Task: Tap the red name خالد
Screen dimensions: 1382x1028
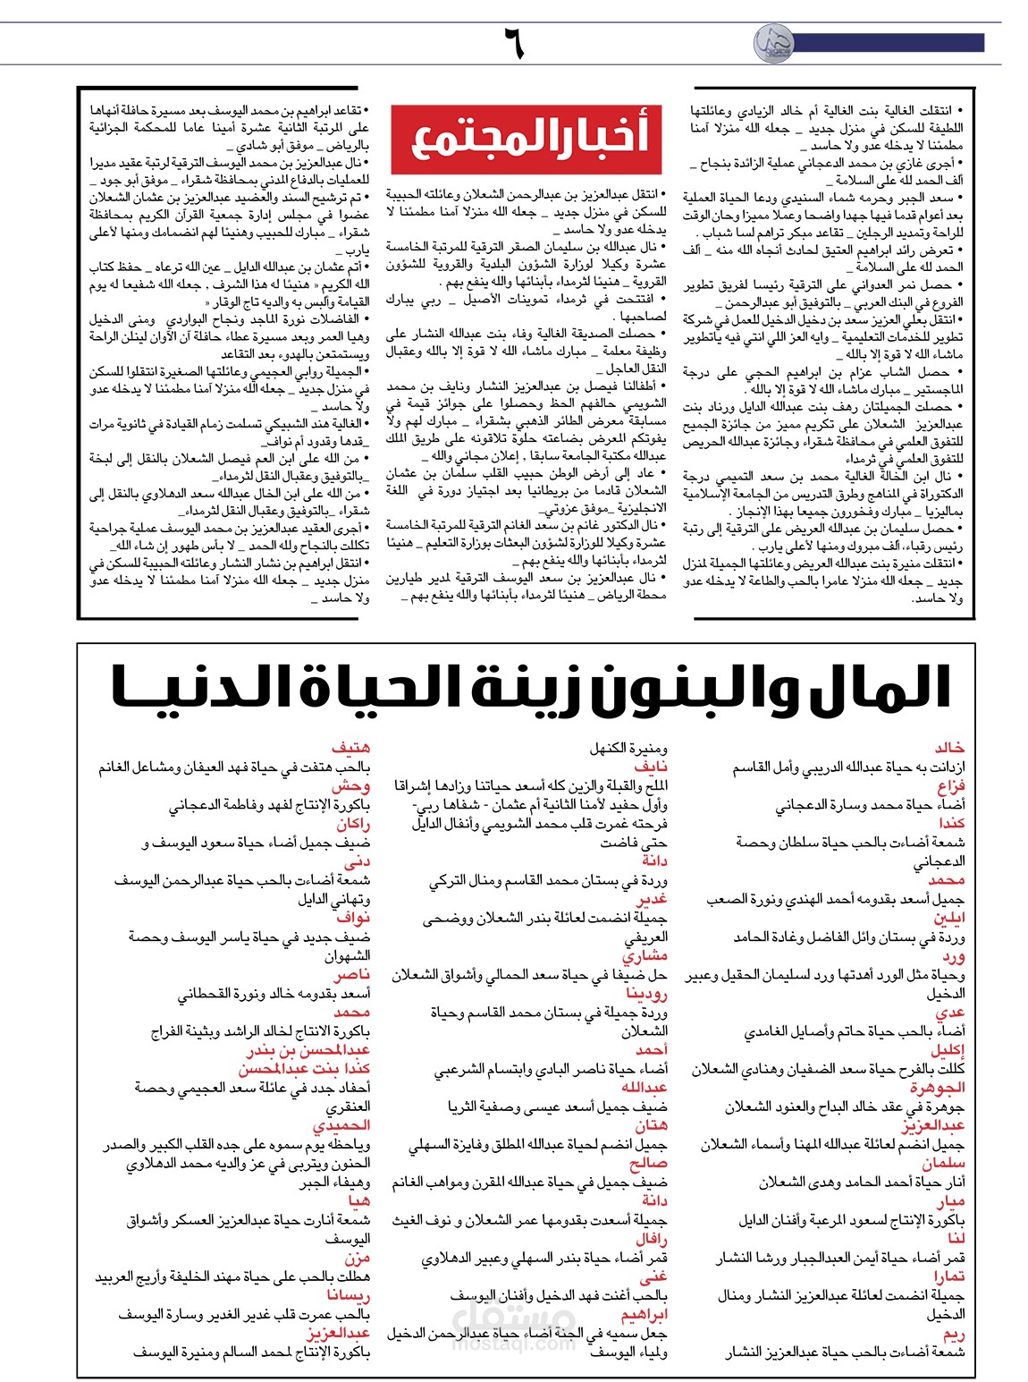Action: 949,748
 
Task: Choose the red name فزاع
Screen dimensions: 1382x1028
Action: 951,786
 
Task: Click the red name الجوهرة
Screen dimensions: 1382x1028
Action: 938,1088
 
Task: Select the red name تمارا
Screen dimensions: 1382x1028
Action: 948,1276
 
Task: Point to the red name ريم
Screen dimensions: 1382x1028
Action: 954,1334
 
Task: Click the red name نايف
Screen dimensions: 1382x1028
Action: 651,767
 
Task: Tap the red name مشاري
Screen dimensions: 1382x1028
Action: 645,955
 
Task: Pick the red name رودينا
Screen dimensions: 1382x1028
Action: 646,993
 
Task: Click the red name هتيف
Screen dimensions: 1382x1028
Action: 350,748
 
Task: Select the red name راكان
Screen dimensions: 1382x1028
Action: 353,824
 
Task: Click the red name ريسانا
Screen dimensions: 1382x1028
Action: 348,1295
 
